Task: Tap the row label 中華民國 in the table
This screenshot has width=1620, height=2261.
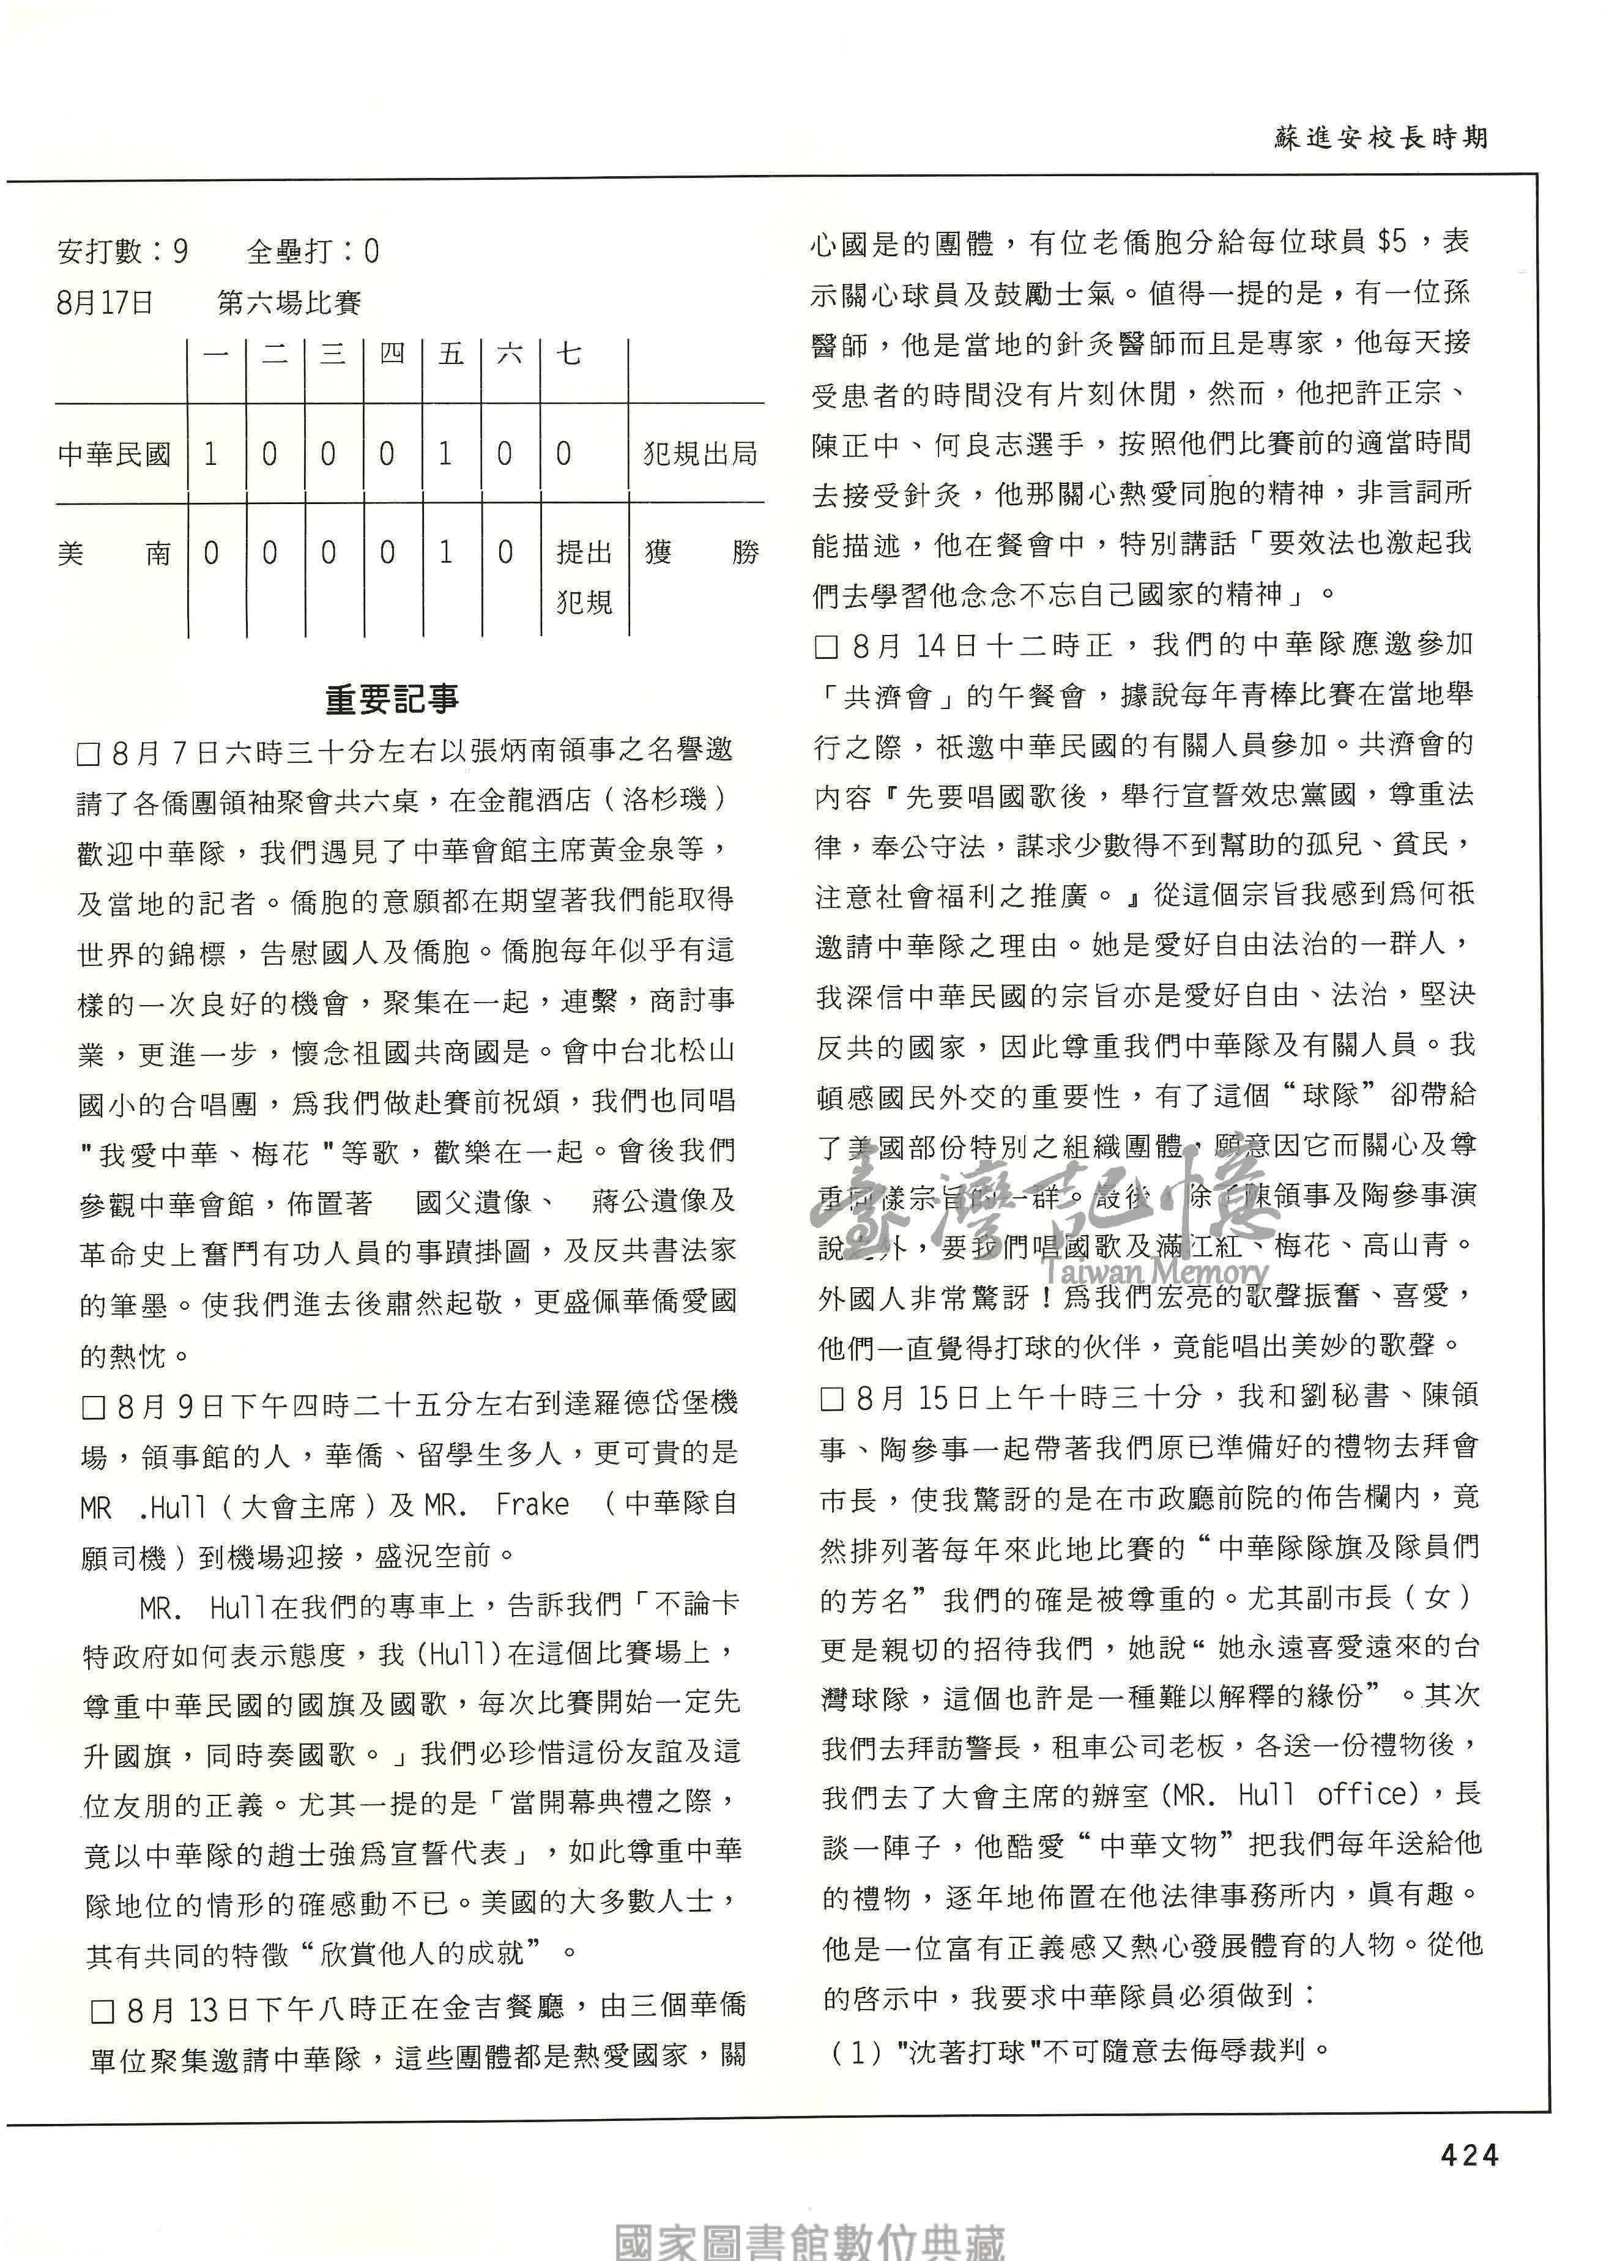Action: [x=114, y=455]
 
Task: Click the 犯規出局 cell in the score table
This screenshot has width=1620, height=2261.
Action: [x=700, y=455]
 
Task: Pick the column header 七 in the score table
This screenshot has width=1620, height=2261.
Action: [x=568, y=355]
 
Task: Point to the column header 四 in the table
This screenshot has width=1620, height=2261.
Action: [x=392, y=355]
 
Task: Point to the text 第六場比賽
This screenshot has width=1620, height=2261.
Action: [x=289, y=302]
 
